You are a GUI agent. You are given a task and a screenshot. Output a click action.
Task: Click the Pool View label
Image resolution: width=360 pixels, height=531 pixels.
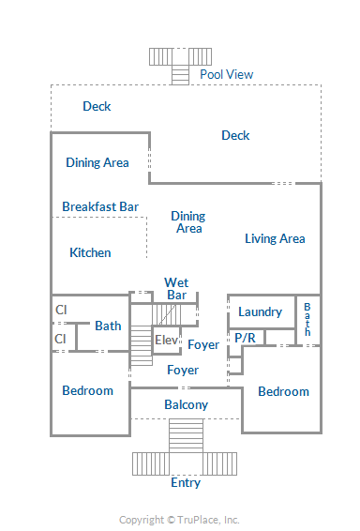tap(226, 74)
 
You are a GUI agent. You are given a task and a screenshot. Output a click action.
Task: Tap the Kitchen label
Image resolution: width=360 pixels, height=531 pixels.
tap(90, 252)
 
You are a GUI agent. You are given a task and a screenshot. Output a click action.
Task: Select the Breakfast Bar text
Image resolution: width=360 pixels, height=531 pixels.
tap(100, 206)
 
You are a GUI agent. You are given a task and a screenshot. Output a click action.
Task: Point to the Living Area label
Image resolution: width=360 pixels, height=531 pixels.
tap(275, 238)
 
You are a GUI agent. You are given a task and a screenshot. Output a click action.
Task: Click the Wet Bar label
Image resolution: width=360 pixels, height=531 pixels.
tap(176, 289)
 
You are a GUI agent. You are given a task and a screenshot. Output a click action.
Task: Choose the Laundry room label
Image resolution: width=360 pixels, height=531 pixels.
tap(260, 311)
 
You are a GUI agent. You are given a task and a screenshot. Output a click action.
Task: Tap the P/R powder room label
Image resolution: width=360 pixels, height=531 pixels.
tap(245, 338)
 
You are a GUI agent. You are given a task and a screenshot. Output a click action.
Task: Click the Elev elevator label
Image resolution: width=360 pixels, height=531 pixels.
tap(166, 340)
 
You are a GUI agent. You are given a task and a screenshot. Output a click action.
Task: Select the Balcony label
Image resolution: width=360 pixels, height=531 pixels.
tap(186, 404)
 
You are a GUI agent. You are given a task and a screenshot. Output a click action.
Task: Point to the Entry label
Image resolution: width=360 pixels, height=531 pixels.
tap(186, 482)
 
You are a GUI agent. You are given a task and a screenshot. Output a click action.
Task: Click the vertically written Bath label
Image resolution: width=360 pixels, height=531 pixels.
tap(307, 319)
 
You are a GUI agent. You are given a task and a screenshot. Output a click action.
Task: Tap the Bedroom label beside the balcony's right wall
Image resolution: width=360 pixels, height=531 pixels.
tap(283, 391)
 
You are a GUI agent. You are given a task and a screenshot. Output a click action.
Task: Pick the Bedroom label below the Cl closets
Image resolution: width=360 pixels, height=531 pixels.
tap(87, 390)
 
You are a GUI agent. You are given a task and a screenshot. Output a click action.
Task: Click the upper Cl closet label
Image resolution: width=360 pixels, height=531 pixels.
tap(61, 310)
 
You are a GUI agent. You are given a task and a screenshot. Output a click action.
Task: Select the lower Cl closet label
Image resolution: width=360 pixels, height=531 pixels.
tap(60, 339)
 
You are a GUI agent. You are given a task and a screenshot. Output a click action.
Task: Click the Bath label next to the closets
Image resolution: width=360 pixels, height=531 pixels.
tap(108, 326)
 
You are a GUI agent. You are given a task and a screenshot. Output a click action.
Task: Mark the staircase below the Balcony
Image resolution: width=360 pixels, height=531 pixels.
tap(186, 435)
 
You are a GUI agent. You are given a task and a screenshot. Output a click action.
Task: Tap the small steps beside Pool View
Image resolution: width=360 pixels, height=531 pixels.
tap(180, 74)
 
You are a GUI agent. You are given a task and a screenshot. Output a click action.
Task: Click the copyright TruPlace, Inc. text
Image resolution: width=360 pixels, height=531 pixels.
tap(179, 520)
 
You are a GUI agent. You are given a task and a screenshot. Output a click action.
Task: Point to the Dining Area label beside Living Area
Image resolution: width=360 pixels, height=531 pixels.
tap(188, 222)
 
